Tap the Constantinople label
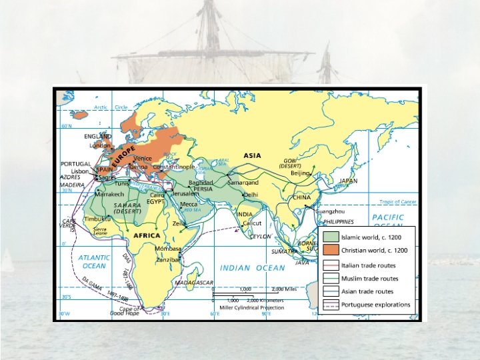coord(173,167)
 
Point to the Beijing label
coord(300,173)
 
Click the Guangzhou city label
coord(329,211)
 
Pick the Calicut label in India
coord(251,223)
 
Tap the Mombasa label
coord(168,249)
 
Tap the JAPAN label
coord(348,181)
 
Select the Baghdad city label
coord(201,182)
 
